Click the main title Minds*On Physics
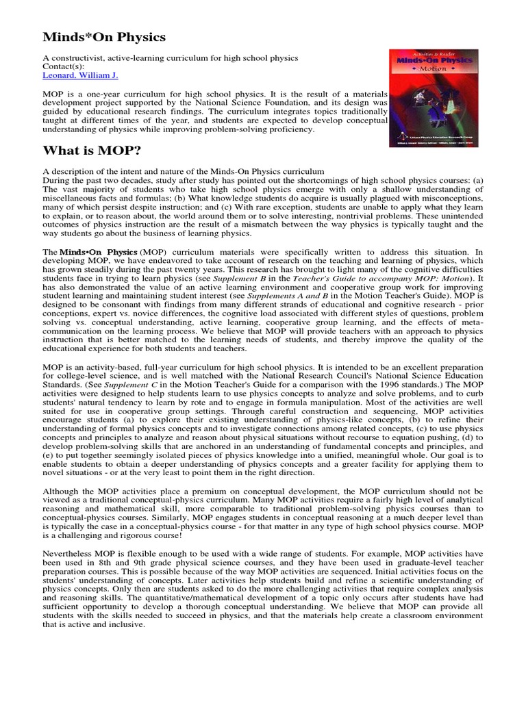pos(104,36)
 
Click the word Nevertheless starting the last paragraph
pos(71,552)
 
